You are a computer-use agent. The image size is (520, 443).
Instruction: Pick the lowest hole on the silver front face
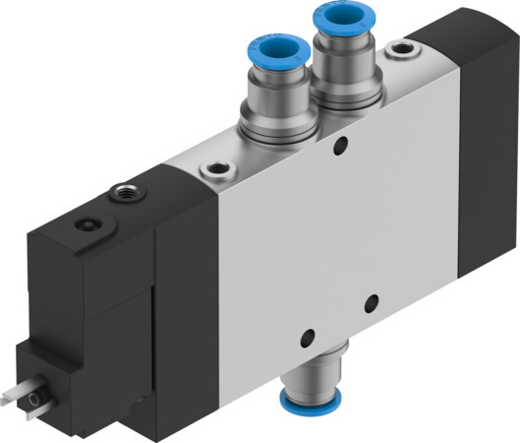307,335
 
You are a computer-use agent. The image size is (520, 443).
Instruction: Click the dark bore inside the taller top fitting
335,17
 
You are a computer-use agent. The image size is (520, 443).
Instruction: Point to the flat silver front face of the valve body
295,236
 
